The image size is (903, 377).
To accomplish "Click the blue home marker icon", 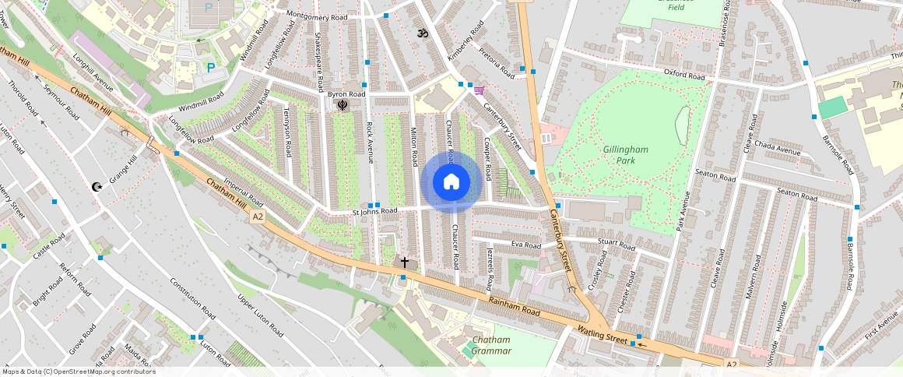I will (x=451, y=182).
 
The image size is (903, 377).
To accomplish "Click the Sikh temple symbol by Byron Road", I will (x=341, y=105).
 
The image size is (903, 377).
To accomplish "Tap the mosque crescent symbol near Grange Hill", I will (x=97, y=187).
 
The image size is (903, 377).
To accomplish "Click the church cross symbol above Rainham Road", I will (x=404, y=262).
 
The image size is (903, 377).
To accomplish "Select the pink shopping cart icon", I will (x=479, y=90).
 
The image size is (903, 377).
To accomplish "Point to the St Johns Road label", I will (x=374, y=210).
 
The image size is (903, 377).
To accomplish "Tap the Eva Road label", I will (x=525, y=245).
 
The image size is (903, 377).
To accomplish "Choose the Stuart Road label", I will (x=617, y=244).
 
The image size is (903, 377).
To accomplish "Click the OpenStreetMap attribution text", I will (x=79, y=372).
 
